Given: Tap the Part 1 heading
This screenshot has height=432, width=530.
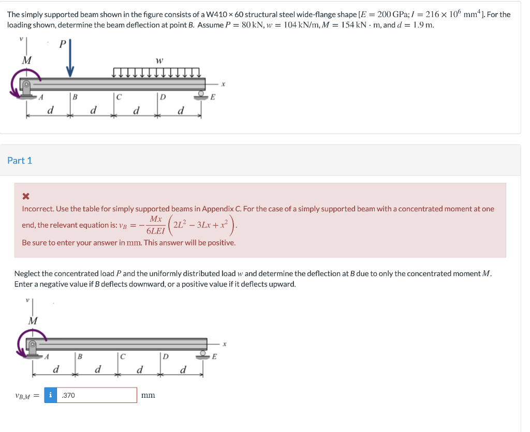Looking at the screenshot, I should pos(20,161).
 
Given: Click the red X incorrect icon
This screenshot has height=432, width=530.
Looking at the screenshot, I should pos(26,196).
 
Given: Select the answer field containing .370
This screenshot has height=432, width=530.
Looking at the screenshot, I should pos(97,395).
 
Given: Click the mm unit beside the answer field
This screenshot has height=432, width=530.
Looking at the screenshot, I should pos(148,395).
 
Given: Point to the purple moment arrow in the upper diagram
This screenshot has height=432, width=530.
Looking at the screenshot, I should pos(17,85).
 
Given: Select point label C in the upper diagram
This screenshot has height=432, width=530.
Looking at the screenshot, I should pos(119,96).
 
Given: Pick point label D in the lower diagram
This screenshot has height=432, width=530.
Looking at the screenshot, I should pos(165,356).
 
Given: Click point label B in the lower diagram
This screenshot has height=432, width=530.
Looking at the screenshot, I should pos(80,356).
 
